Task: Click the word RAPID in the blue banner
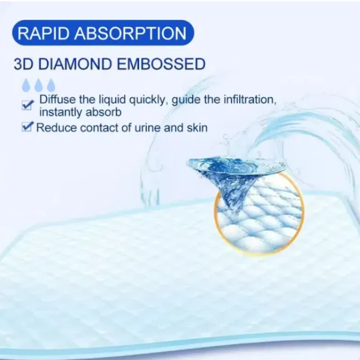(x=43, y=33)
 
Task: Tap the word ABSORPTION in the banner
(x=130, y=33)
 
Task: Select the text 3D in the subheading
(x=23, y=64)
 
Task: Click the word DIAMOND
(x=75, y=64)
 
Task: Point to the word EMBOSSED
(x=161, y=64)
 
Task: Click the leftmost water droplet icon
(x=26, y=85)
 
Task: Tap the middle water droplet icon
(x=39, y=85)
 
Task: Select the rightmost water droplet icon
(x=51, y=85)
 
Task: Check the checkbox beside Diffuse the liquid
(x=27, y=105)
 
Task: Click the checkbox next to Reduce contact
(x=27, y=127)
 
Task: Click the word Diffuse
(x=58, y=99)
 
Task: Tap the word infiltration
(x=250, y=100)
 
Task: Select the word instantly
(x=61, y=112)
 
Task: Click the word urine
(x=148, y=128)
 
